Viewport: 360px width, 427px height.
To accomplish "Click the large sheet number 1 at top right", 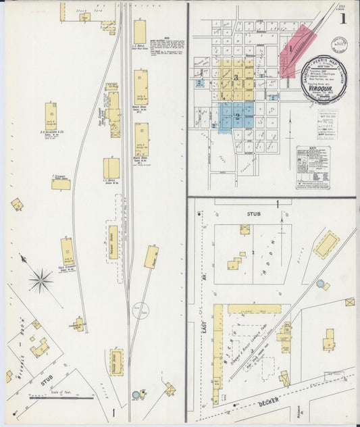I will pyautogui.click(x=343, y=18).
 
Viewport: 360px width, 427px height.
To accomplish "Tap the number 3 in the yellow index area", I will pyautogui.click(x=236, y=76).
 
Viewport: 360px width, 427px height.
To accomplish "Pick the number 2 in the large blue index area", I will pyautogui.click(x=237, y=116).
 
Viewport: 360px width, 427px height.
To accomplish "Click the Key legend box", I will pyautogui.click(x=312, y=166).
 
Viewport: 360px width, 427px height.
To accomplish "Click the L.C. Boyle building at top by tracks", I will pyautogui.click(x=140, y=32).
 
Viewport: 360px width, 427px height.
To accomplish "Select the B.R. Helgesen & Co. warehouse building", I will pyautogui.click(x=51, y=116).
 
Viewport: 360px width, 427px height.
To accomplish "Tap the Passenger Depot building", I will pyautogui.click(x=116, y=361).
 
